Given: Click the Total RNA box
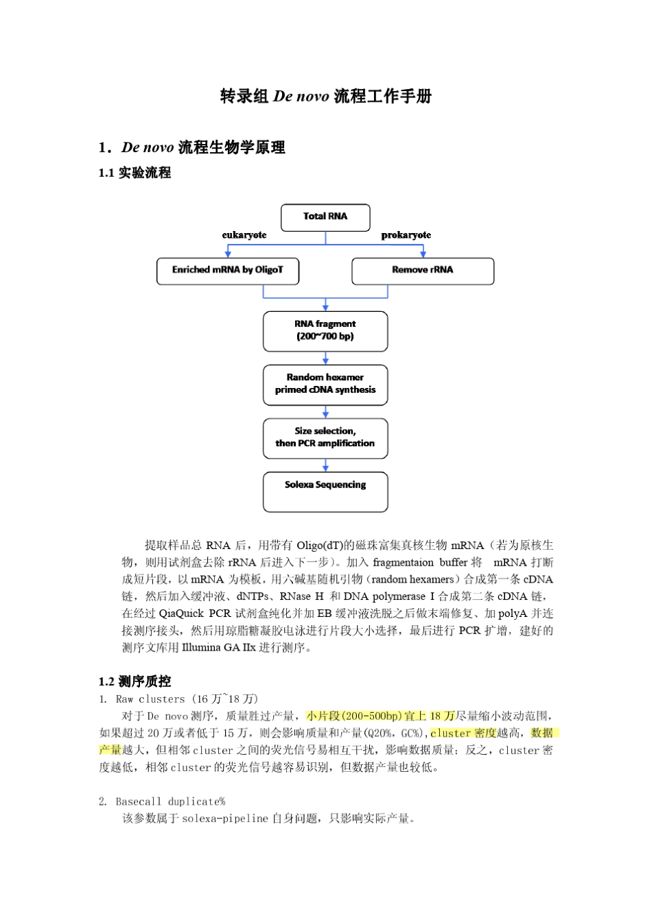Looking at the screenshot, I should click(x=325, y=217).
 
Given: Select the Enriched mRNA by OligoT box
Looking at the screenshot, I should click(x=227, y=270).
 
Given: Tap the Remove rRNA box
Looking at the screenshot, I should click(x=422, y=271).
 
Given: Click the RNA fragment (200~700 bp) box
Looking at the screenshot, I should click(x=325, y=331).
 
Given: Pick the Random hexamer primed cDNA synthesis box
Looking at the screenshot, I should click(x=325, y=385).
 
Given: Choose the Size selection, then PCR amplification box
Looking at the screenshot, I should click(x=325, y=438).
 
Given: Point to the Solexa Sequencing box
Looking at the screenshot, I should click(x=325, y=492).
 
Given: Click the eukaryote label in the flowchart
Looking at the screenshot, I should click(x=244, y=235).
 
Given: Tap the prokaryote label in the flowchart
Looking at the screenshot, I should click(x=406, y=235).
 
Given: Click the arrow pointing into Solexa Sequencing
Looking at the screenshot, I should click(x=325, y=465).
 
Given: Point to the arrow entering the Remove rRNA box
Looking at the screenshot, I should click(x=423, y=252).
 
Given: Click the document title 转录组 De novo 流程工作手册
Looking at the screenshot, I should click(x=325, y=97).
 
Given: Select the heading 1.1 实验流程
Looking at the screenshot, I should click(x=135, y=173).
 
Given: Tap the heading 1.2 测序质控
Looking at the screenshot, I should click(x=135, y=681).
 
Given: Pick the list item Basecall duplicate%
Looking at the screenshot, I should click(x=170, y=801).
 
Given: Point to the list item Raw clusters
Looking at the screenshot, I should click(x=150, y=699).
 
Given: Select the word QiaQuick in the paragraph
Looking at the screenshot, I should click(x=182, y=614).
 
